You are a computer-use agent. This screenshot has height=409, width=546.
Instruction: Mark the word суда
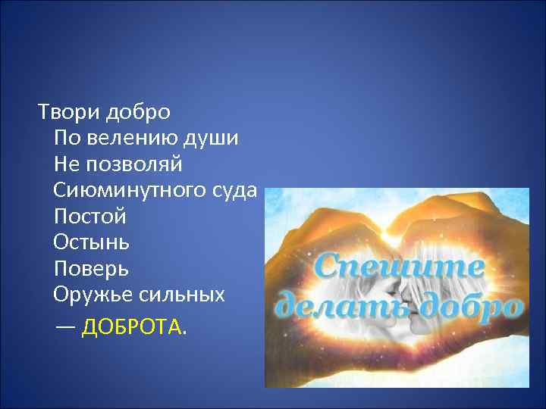236,190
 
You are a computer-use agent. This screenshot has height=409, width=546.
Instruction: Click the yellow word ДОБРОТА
131,327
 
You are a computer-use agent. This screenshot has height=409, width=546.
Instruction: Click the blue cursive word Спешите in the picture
399,267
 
